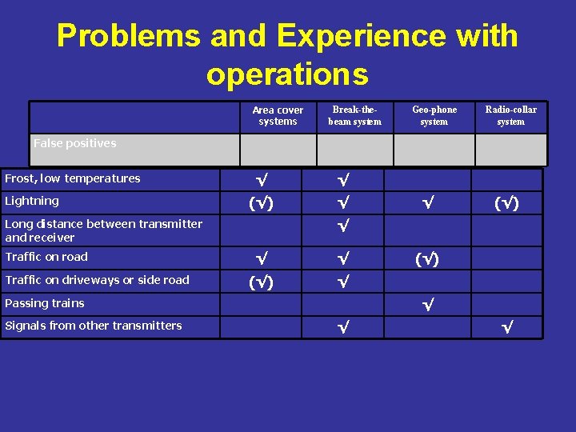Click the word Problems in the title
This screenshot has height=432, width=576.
128,36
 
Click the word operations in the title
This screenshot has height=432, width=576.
287,74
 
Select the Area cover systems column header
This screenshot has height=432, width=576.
278,116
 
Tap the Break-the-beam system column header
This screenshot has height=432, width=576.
354,116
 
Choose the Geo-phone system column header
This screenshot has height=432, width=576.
434,116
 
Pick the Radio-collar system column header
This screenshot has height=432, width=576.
510,116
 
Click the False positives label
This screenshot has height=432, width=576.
74,143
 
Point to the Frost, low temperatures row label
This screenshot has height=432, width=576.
72,178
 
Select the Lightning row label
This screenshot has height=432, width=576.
32,201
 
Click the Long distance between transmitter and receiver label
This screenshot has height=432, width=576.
103,230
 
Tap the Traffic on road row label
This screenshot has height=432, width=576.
46,257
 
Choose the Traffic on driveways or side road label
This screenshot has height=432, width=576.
97,280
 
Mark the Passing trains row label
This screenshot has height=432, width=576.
45,303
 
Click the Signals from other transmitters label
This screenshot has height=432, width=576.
94,326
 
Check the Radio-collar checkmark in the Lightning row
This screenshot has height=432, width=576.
506,203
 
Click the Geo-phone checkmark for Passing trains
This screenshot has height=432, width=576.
428,305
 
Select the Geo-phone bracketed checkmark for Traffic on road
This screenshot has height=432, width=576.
428,259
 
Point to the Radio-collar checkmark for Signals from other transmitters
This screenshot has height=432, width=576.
506,327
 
